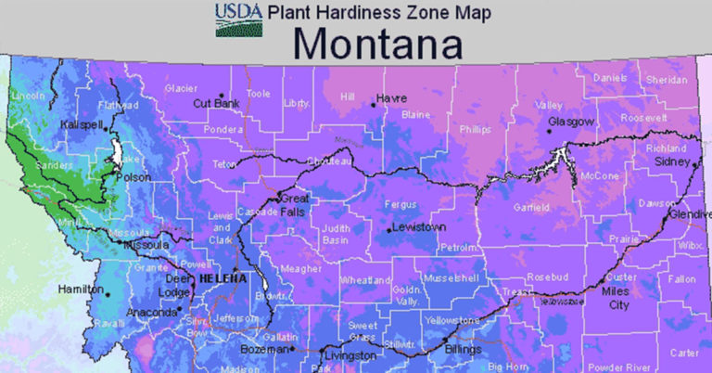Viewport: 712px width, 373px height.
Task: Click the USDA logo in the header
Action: point(239,19)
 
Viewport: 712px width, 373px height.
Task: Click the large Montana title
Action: point(381,43)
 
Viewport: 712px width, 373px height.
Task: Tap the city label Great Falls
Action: point(295,205)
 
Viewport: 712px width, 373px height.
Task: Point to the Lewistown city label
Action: point(419,226)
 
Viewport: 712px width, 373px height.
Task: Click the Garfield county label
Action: point(531,206)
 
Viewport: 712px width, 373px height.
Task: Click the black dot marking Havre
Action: point(373,104)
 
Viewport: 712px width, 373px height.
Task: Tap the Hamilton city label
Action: point(80,289)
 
